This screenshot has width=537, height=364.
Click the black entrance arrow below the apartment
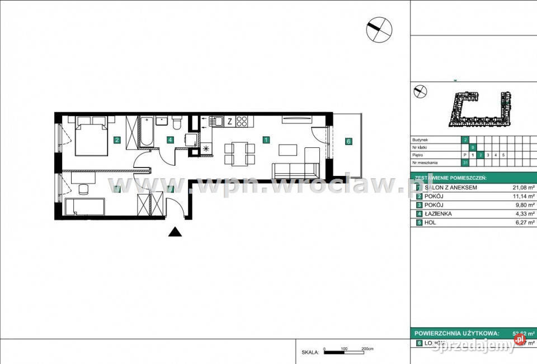pyautogui.click(x=175, y=232)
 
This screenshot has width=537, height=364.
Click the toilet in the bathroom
pyautogui.click(x=177, y=121)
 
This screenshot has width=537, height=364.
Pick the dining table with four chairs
pyautogui.click(x=239, y=154)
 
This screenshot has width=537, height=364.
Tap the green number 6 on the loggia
pyautogui.click(x=348, y=141)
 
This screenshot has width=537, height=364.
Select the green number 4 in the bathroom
pyautogui.click(x=169, y=140)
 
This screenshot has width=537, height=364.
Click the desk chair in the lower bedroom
pyautogui.click(x=83, y=189)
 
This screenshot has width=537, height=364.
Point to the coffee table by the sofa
pyautogui.click(x=288, y=150)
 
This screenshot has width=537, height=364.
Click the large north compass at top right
pyautogui.click(x=379, y=29)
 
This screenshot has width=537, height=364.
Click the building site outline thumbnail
pyautogui.click(x=481, y=107)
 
